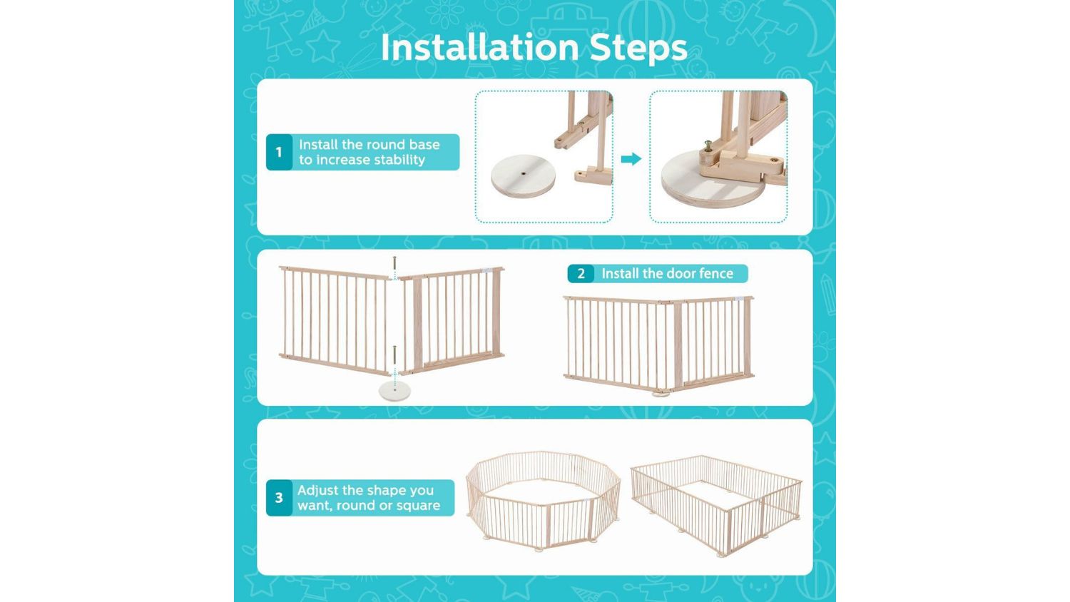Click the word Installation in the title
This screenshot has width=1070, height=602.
pyautogui.click(x=479, y=47)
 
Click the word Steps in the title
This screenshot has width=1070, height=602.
pyautogui.click(x=638, y=49)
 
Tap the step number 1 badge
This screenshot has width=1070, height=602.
pyautogui.click(x=279, y=152)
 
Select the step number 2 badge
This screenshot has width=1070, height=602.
pyautogui.click(x=581, y=273)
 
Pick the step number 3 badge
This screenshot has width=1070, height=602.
pyautogui.click(x=279, y=498)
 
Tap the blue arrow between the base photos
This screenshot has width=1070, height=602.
pyautogui.click(x=631, y=159)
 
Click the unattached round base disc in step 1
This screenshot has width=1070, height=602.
pyautogui.click(x=523, y=176)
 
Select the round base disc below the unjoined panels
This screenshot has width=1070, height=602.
pyautogui.click(x=394, y=391)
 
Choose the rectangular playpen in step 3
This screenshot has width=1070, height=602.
pyautogui.click(x=716, y=505)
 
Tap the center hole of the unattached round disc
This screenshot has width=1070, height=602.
pyautogui.click(x=524, y=174)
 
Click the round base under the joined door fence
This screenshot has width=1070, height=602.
pyautogui.click(x=661, y=394)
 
